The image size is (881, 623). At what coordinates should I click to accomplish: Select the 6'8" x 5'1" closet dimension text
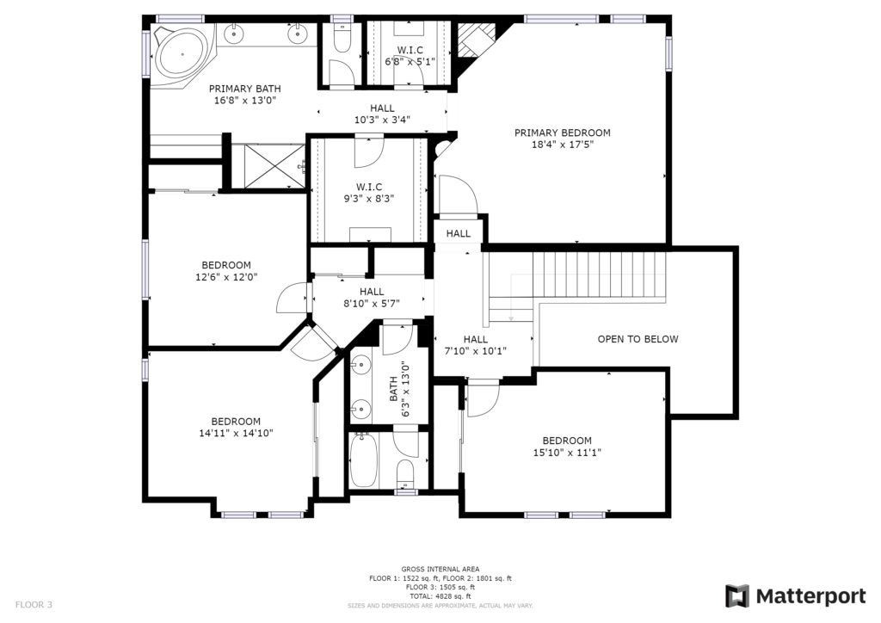coord(410,61)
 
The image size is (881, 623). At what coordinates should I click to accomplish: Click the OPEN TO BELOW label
coord(638,339)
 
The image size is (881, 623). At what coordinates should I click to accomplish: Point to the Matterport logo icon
coord(736,596)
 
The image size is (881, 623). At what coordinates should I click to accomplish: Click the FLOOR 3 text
coord(34,604)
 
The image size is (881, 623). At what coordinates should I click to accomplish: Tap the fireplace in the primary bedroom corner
coord(475,40)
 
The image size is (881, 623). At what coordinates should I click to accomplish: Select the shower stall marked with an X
coord(268,166)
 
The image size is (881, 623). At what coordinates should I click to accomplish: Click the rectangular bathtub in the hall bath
coord(364,460)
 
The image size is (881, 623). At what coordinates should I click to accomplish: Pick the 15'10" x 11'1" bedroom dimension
coord(567,453)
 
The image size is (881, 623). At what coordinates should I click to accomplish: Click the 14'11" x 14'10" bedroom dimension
coord(236,433)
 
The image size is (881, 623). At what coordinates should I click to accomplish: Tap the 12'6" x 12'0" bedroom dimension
coord(226,277)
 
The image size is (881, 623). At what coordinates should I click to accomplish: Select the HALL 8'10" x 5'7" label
coord(372,298)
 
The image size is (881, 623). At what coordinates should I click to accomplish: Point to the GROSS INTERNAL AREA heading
coord(440,569)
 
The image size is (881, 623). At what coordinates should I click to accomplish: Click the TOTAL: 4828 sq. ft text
coord(440,596)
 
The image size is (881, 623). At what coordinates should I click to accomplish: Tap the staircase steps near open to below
coord(576,278)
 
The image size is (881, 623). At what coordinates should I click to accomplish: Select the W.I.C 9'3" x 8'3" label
coord(369,192)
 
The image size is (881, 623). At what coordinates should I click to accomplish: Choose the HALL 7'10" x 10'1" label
coord(475,345)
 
